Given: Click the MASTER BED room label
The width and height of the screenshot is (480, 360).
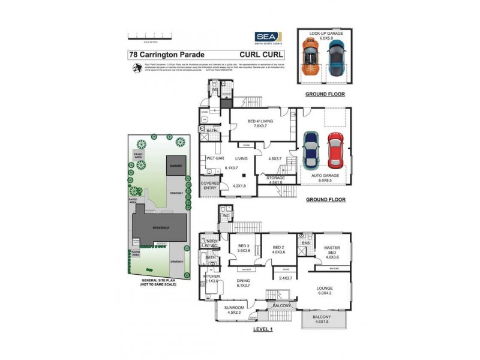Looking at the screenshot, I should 332,251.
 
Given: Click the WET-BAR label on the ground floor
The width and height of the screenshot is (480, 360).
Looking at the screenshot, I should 215,158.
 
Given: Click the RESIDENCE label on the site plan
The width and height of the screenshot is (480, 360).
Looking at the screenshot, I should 160,228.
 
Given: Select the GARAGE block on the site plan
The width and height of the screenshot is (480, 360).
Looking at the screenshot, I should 176,164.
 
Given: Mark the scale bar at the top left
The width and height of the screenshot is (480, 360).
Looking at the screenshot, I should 148,36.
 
